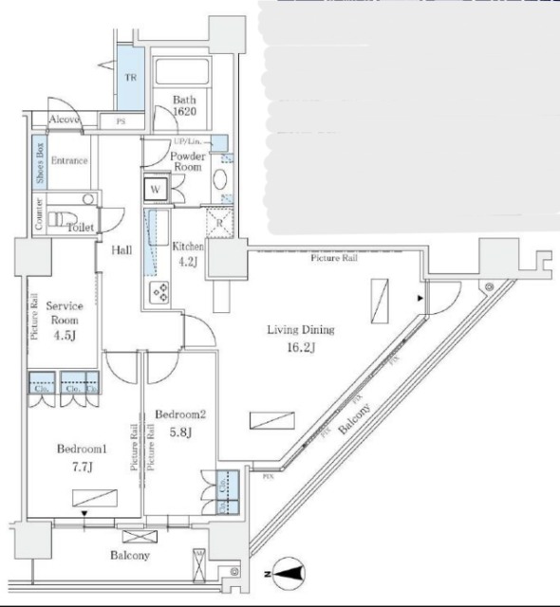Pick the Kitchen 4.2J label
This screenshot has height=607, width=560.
click(188, 255)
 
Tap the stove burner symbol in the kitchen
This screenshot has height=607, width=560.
click(159, 292)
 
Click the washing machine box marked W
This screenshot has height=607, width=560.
click(156, 190)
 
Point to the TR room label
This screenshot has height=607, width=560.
click(131, 78)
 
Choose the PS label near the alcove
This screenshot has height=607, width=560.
click(121, 121)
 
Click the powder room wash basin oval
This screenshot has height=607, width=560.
click(219, 180)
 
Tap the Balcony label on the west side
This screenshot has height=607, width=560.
click(128, 556)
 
